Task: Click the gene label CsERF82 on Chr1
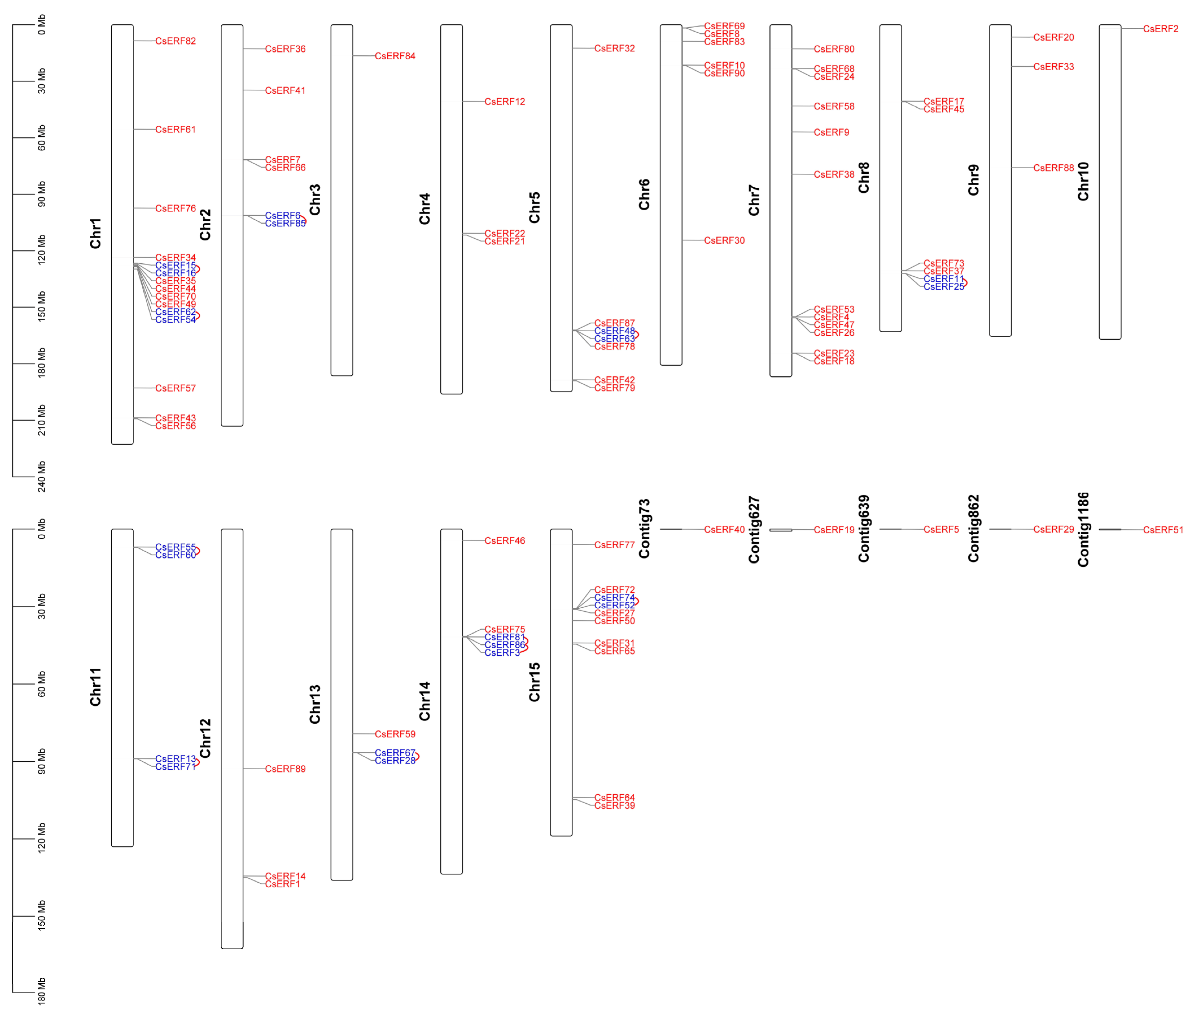(x=175, y=41)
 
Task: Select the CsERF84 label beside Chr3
(x=395, y=56)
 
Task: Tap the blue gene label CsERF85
(x=285, y=223)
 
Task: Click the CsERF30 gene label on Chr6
(x=724, y=241)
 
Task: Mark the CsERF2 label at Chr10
(x=1161, y=29)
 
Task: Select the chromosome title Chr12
(x=205, y=738)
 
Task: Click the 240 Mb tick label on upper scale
(x=41, y=476)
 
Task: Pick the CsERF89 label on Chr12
(x=285, y=769)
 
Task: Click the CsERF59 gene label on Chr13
(x=395, y=734)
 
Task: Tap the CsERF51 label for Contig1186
(x=1163, y=530)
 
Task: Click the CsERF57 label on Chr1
(x=175, y=389)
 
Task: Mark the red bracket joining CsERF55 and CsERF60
(x=198, y=551)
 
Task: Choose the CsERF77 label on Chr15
(x=614, y=545)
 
